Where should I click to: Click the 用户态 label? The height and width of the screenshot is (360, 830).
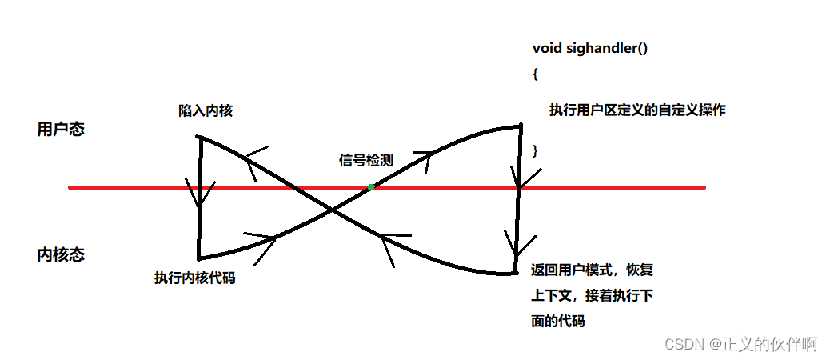coord(61,129)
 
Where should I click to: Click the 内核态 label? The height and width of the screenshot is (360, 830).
coord(61,255)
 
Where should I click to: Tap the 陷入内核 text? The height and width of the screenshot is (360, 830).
coord(206,111)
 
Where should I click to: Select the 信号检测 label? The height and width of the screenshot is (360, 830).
coord(366,160)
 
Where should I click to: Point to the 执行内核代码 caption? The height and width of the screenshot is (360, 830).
coord(195,278)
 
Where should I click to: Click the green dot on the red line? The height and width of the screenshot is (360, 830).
coord(371,187)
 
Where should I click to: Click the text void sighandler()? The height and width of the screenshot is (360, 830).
coord(590,48)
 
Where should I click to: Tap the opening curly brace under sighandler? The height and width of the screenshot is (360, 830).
coord(536,74)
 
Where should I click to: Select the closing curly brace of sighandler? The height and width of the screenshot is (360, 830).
coord(536,150)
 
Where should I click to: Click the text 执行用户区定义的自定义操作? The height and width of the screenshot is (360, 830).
coord(637,110)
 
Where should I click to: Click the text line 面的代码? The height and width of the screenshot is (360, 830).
coord(558,322)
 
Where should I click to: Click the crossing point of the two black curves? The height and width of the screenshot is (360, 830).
coord(332,210)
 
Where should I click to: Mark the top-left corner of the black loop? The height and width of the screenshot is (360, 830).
coord(199,137)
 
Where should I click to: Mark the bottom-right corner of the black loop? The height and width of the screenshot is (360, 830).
coord(517,273)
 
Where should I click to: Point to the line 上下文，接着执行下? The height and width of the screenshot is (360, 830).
coord(593,296)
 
